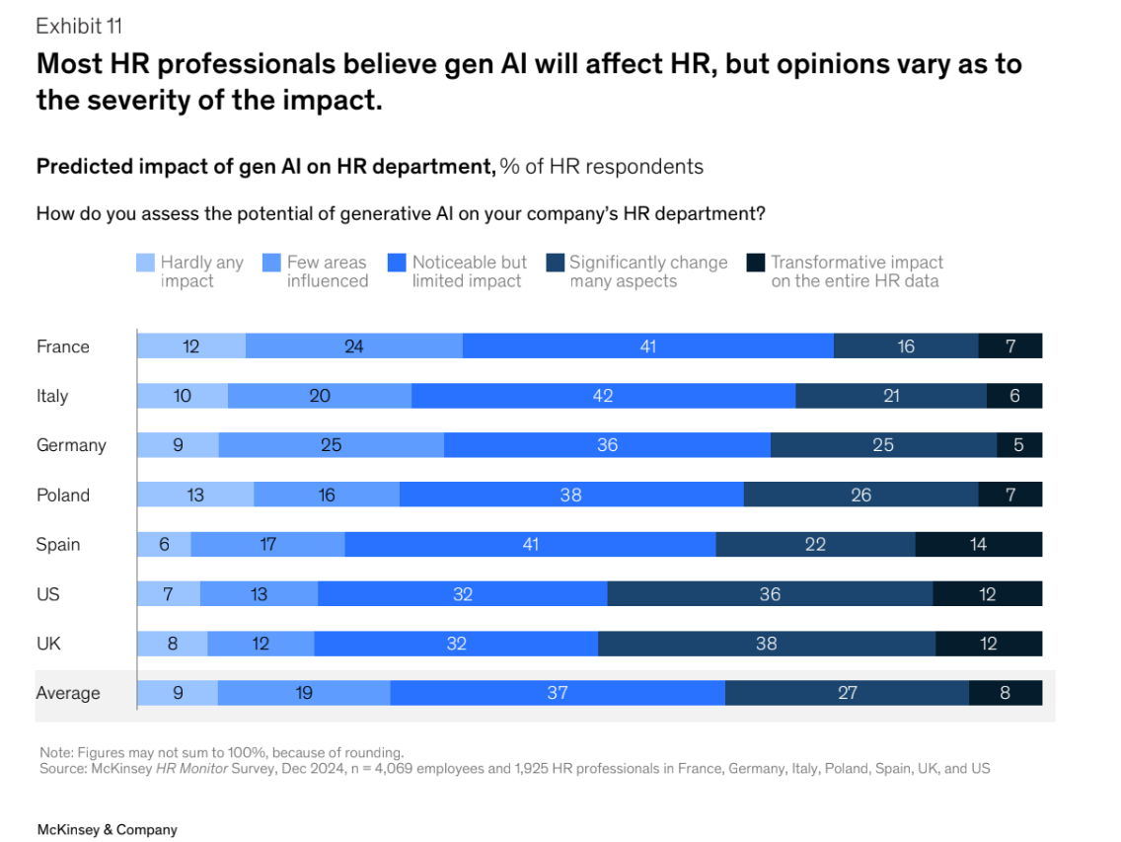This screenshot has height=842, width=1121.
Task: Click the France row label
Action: (x=62, y=346)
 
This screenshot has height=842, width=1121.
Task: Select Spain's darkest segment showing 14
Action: (x=978, y=544)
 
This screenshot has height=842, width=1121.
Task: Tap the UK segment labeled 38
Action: (x=767, y=644)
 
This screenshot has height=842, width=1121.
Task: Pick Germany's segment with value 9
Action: (x=178, y=445)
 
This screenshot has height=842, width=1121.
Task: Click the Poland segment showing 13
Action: (x=195, y=495)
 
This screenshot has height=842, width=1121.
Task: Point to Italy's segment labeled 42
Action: (x=603, y=396)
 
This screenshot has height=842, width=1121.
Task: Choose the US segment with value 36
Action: (x=770, y=594)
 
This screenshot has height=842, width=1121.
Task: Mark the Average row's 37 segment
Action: (x=558, y=693)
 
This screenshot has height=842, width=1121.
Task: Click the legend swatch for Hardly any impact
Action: (x=145, y=263)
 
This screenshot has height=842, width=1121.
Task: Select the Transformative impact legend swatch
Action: (x=756, y=263)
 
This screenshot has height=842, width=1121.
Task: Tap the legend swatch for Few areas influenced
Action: (x=271, y=263)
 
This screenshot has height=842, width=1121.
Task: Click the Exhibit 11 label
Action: (x=79, y=27)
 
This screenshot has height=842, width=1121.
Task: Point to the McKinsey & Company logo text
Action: (x=107, y=830)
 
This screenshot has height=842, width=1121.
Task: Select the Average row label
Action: (x=68, y=693)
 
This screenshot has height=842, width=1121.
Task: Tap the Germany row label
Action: (x=71, y=445)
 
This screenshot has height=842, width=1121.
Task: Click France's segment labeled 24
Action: (x=353, y=346)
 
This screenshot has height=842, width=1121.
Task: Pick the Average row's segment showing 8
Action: (x=1005, y=693)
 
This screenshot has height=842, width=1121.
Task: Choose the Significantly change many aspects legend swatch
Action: (x=555, y=263)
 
